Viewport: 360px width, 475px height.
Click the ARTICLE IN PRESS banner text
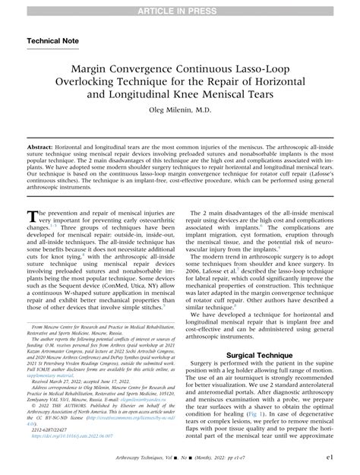pyautogui.click(x=180, y=7)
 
